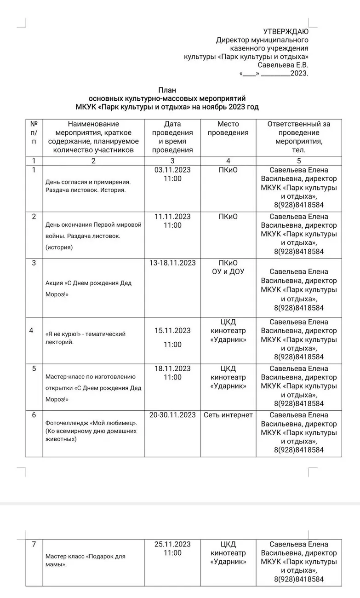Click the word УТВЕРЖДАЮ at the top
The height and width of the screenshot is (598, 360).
point(286,31)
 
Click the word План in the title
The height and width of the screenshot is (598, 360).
point(167,90)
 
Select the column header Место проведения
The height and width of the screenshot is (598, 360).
point(228,128)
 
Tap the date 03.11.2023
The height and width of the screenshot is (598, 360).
point(172,170)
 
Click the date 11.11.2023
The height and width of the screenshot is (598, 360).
point(172,217)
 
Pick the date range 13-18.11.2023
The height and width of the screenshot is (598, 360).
point(172,263)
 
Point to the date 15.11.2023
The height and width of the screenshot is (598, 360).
point(172,330)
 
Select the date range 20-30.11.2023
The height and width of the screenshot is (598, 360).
point(172,415)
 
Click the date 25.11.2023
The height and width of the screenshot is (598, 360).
point(172,544)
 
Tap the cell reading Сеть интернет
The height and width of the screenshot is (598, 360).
point(228,415)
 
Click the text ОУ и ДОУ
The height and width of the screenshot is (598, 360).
point(228,272)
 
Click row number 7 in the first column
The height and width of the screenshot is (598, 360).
point(34,545)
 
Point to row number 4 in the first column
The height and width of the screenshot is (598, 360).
point(32,330)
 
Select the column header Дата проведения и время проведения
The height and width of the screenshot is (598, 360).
point(172,137)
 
